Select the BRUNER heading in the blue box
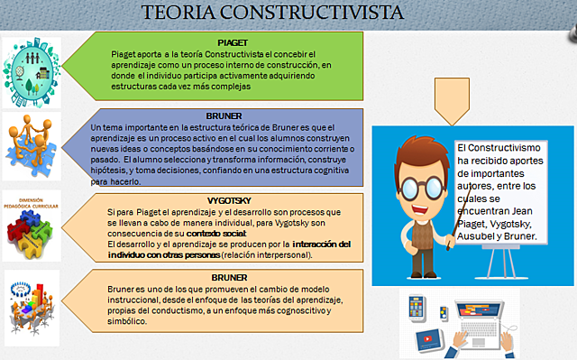[x=223, y=116]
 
